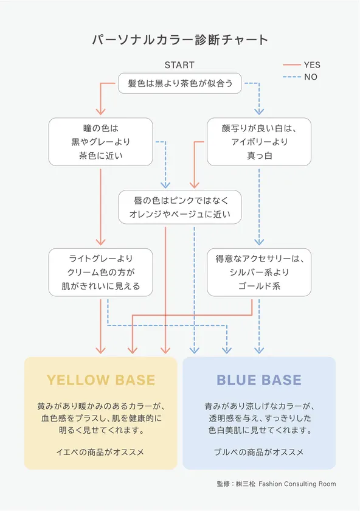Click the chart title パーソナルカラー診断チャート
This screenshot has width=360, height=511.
pyautogui.click(x=180, y=40)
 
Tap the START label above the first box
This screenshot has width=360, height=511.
pyautogui.click(x=179, y=65)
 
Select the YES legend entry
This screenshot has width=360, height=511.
pyautogui.click(x=302, y=65)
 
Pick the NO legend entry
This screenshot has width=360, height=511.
pyautogui.click(x=300, y=77)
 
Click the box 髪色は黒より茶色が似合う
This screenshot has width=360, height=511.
pyautogui.click(x=180, y=83)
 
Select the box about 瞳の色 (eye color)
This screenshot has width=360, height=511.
pyautogui.click(x=101, y=142)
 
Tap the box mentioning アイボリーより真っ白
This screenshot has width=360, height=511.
pyautogui.click(x=259, y=142)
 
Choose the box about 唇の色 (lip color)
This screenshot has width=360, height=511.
pyautogui.click(x=180, y=207)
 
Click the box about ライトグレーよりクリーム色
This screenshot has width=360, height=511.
pyautogui.click(x=101, y=273)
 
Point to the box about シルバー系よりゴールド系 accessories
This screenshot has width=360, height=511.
pyautogui.click(x=259, y=273)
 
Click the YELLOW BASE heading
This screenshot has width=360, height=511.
pyautogui.click(x=101, y=380)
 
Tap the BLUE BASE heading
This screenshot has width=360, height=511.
pyautogui.click(x=259, y=380)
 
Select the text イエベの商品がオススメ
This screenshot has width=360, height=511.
pyautogui.click(x=100, y=452)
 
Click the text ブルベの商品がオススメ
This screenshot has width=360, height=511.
pyautogui.click(x=259, y=452)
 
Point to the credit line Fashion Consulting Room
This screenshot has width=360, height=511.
pyautogui.click(x=297, y=484)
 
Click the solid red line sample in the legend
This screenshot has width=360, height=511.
pyautogui.click(x=291, y=65)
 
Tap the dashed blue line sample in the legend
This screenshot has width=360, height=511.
pyautogui.click(x=291, y=77)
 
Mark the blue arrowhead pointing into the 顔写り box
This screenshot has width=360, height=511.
pyautogui.click(x=259, y=111)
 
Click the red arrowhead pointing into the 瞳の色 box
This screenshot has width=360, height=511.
pyautogui.click(x=101, y=111)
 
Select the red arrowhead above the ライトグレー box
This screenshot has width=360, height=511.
pyautogui.click(x=101, y=242)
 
